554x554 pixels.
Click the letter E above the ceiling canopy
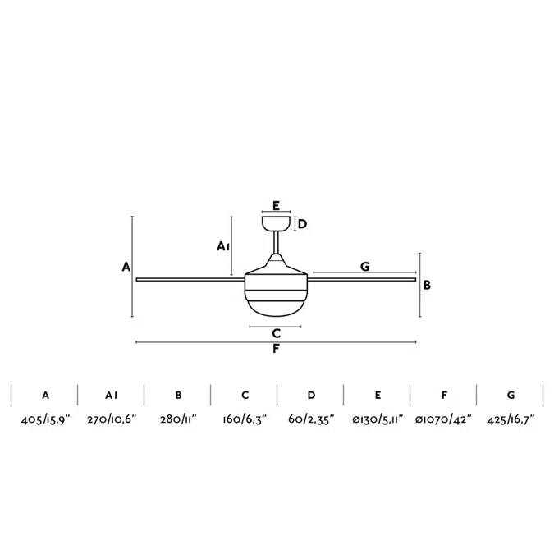(277, 205)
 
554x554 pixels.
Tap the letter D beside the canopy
(302, 224)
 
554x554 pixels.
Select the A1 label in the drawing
(223, 246)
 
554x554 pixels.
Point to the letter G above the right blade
(365, 267)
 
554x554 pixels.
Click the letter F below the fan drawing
(277, 349)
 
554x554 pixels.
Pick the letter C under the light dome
(277, 333)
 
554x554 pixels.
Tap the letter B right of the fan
(427, 285)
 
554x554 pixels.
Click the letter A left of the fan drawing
(126, 267)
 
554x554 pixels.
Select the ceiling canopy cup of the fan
(277, 223)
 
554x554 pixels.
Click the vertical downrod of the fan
(277, 242)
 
